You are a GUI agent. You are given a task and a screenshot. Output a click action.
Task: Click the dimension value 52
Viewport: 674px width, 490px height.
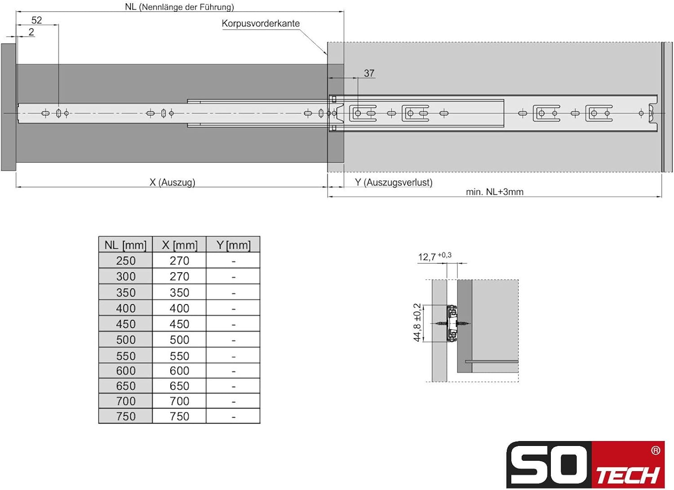tap(37, 20)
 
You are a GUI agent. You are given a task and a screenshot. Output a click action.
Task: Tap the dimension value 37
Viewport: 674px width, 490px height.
tap(369, 73)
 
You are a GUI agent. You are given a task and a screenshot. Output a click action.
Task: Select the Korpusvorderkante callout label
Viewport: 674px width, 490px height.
tap(261, 23)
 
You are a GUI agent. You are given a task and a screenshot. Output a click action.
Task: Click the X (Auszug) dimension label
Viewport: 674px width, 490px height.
tap(173, 182)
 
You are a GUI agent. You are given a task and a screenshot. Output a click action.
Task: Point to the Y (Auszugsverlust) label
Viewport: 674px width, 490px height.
tap(394, 182)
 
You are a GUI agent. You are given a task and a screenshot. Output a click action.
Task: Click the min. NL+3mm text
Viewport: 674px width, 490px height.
tap(495, 192)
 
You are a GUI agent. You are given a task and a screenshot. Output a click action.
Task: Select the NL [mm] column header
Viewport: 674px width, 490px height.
tap(125, 245)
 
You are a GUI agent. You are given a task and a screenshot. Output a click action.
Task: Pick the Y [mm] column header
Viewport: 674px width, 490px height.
tap(233, 245)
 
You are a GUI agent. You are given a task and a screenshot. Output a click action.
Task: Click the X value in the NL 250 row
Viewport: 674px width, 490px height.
tap(179, 261)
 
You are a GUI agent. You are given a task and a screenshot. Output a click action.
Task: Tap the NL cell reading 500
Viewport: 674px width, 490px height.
tap(126, 340)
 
